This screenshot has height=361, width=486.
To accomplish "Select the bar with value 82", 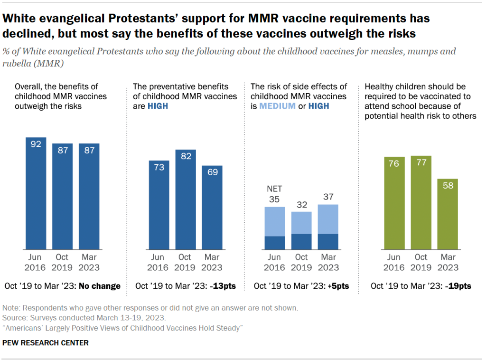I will pyautogui.click(x=186, y=199).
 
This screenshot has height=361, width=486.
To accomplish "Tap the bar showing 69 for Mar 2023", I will pyautogui.click(x=212, y=208).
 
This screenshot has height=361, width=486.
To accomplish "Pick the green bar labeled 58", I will pyautogui.click(x=448, y=214).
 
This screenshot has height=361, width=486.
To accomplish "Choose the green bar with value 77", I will pyautogui.click(x=421, y=203).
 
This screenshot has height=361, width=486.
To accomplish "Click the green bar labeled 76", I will pyautogui.click(x=394, y=203).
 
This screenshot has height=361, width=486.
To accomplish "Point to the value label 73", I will pyautogui.click(x=159, y=167).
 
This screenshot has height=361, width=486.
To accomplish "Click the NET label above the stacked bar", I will pyautogui.click(x=274, y=189).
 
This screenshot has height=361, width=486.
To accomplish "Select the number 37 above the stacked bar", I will pyautogui.click(x=327, y=197).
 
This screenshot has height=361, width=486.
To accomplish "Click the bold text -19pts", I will pyautogui.click(x=458, y=286).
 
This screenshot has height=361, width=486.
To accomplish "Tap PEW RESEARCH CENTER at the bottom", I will pyautogui.click(x=46, y=342).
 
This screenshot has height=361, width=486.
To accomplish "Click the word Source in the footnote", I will pyautogui.click(x=14, y=318).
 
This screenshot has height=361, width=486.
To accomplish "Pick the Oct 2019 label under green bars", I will pyautogui.click(x=421, y=262).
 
